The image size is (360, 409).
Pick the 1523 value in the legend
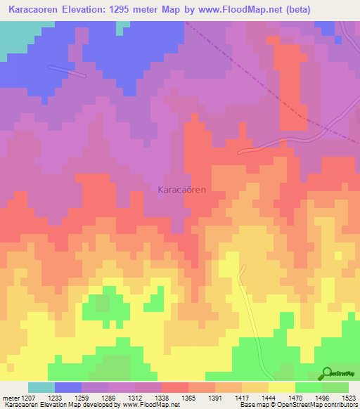[x=349, y=398]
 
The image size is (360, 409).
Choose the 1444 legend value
[x=268, y=398]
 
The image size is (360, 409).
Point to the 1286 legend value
[x=109, y=398]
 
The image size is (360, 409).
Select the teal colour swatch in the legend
[x=41, y=388]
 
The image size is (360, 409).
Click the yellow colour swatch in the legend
[x=282, y=388]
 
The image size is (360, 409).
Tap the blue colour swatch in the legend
[x=68, y=388]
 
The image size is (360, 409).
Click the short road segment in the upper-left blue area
[x=66, y=70]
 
